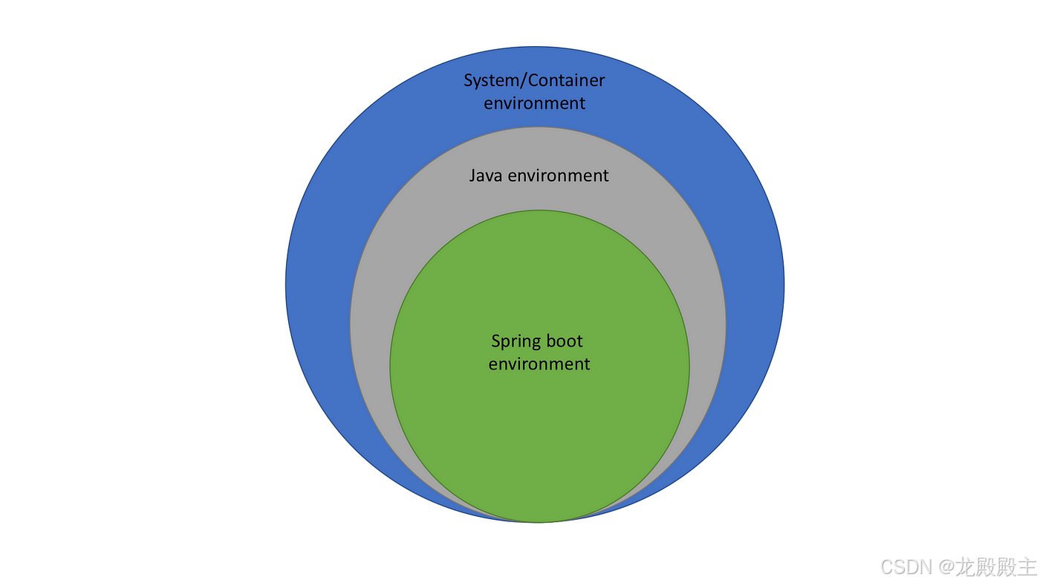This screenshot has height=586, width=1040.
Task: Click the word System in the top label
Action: click(490, 80)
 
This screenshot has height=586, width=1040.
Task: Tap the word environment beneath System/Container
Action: click(534, 103)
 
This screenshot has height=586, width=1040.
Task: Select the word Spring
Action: click(516, 342)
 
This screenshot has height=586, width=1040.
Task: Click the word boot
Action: click(564, 341)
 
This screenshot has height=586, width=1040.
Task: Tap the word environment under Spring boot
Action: click(539, 364)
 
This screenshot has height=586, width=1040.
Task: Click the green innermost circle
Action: click(539, 439)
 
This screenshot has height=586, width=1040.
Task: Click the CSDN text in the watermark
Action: click(906, 567)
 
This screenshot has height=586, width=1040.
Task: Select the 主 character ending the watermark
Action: click(1027, 567)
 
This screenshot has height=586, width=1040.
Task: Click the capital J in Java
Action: click(473, 176)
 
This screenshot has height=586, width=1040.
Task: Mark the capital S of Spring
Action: click(496, 341)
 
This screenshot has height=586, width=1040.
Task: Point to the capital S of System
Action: click(469, 80)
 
